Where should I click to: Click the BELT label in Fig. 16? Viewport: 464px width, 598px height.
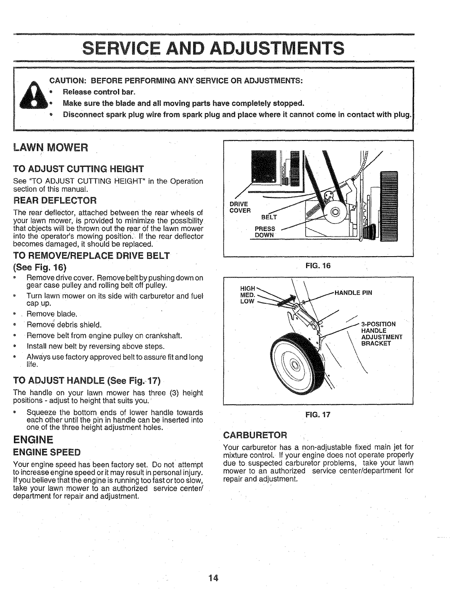pos(269,217)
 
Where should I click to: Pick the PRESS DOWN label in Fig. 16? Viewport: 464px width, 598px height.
pos(265,231)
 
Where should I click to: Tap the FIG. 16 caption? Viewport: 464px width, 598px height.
pos(318,266)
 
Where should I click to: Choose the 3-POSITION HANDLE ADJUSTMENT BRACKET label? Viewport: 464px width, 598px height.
pos(381,334)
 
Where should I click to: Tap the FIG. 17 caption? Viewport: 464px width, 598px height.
pos(318,415)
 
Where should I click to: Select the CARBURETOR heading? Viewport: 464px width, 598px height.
pos(255,435)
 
